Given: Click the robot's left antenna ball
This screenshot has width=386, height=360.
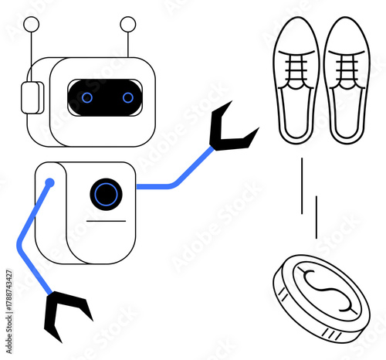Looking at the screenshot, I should (x=32, y=24).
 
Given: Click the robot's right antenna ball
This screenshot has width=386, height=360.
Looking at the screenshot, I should (x=128, y=24).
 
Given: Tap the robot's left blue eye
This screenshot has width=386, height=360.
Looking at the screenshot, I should (x=86, y=97).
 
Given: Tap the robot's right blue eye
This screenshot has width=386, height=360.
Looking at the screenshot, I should (x=127, y=97).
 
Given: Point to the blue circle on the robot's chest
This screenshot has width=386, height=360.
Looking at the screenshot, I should (x=106, y=192).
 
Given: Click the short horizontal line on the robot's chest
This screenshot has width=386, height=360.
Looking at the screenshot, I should (x=106, y=221).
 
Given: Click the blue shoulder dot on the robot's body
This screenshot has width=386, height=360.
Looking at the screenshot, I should (x=49, y=183).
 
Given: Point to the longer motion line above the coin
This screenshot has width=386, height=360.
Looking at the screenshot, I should (x=303, y=185).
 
